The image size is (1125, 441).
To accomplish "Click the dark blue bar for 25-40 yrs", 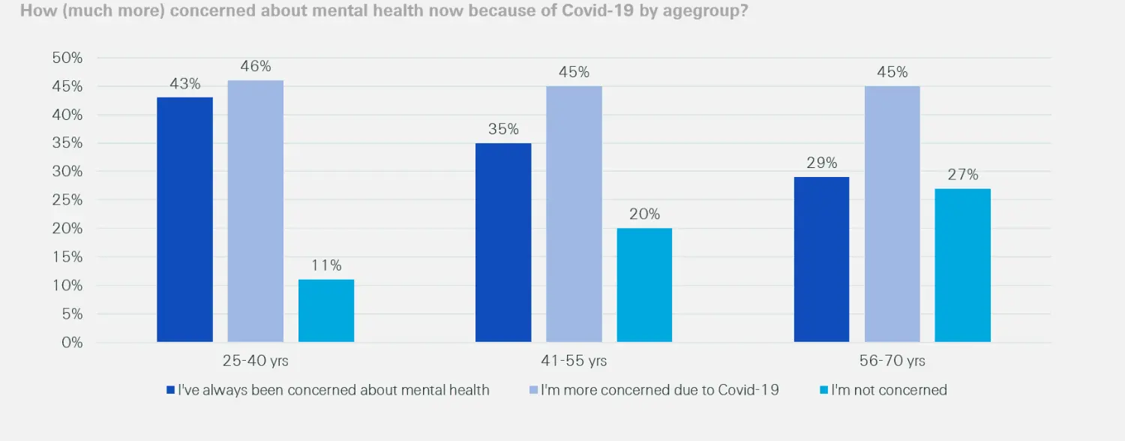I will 184,220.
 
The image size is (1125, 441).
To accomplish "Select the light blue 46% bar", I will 256,211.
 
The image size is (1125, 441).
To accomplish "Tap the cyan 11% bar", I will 326,310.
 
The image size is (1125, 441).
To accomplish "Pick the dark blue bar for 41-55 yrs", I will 503,242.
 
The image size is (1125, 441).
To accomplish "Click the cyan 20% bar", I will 644,285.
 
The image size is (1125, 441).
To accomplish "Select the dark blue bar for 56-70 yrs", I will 821,259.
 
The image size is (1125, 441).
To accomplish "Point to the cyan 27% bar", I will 962,265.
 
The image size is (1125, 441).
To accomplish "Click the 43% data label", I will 184,84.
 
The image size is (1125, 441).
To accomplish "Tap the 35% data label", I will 503,129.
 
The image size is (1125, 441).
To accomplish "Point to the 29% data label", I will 821,163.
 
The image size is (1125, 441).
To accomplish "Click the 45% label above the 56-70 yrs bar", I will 892,73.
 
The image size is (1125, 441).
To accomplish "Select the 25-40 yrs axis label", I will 255,361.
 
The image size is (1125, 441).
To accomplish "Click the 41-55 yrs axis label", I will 574,361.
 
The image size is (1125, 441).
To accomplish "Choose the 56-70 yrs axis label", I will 892,361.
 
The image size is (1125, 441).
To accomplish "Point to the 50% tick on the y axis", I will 67,58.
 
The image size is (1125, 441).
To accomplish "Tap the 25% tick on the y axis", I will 67,200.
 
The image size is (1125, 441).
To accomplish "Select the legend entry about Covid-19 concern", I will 654,390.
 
